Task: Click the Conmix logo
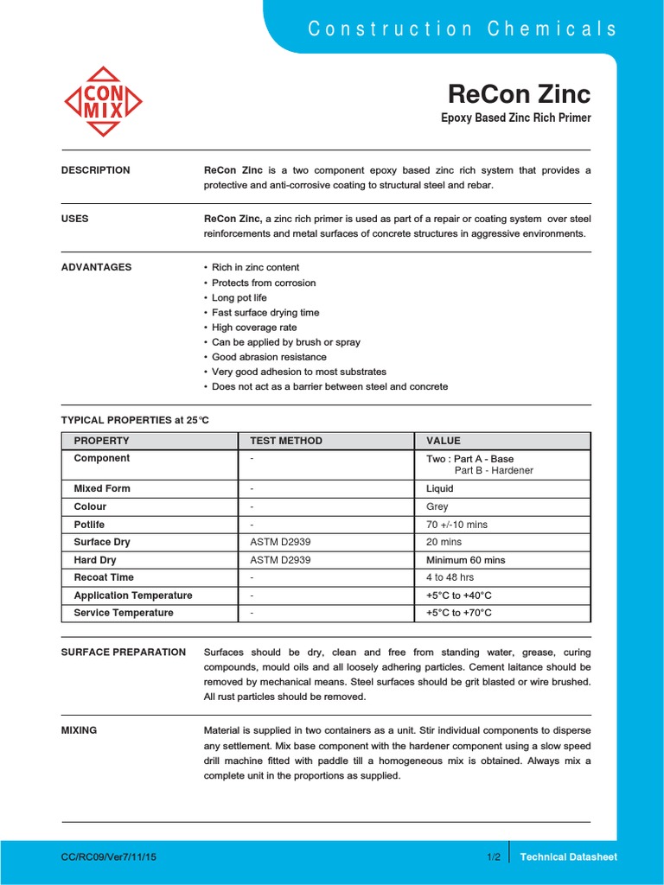pyautogui.click(x=103, y=102)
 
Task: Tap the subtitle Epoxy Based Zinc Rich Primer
pyautogui.click(x=516, y=118)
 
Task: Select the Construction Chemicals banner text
pyautogui.click(x=463, y=29)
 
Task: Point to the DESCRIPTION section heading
pyautogui.click(x=96, y=170)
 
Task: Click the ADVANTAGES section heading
pyautogui.click(x=97, y=267)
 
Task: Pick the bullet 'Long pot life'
pyautogui.click(x=239, y=297)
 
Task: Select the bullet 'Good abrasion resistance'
pyautogui.click(x=269, y=357)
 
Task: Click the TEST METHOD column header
pyautogui.click(x=286, y=441)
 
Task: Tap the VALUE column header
pyautogui.click(x=444, y=441)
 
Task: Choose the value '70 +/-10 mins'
pyautogui.click(x=456, y=525)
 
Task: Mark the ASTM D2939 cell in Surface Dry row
pyautogui.click(x=280, y=542)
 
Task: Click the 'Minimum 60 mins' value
pyautogui.click(x=465, y=560)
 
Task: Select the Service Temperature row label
pyautogui.click(x=124, y=613)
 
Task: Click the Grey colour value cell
pyautogui.click(x=437, y=506)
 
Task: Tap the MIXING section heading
pyautogui.click(x=80, y=730)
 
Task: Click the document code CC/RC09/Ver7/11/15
pyautogui.click(x=109, y=856)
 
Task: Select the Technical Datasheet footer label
pyautogui.click(x=569, y=856)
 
